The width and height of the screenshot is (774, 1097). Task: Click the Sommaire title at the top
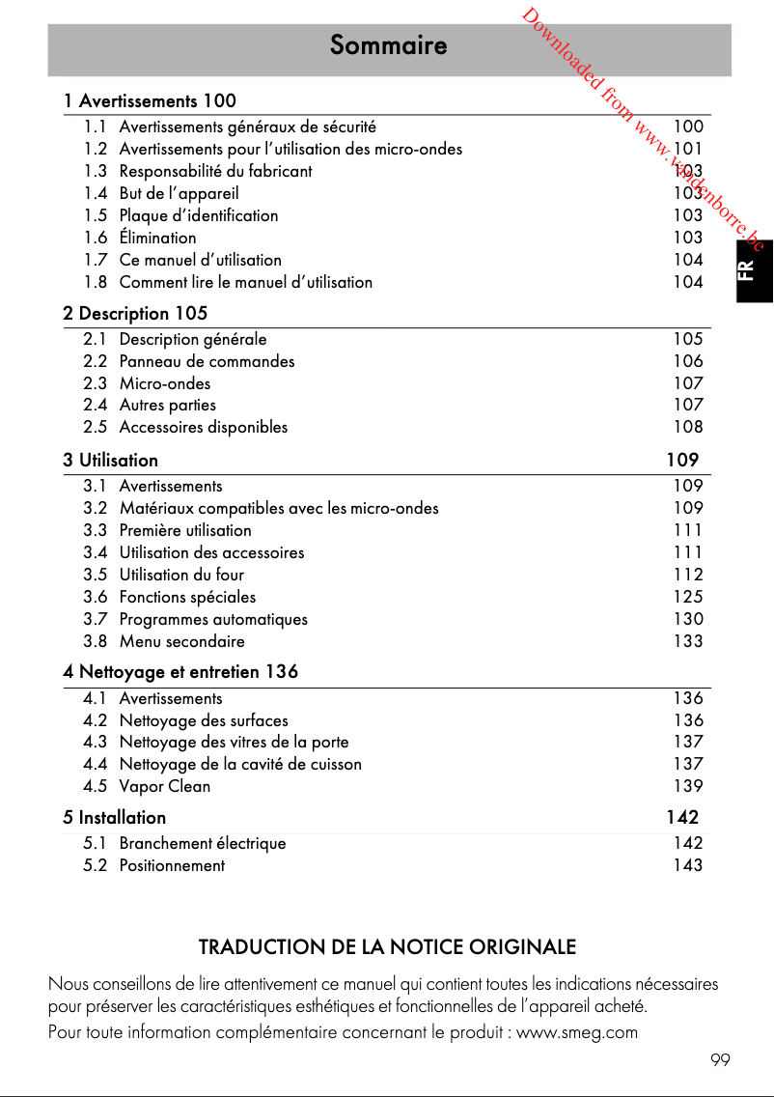point(388,45)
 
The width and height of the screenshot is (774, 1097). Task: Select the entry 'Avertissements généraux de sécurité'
point(247,127)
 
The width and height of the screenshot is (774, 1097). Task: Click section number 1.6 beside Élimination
point(95,238)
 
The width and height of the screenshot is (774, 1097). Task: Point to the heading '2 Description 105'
point(135,314)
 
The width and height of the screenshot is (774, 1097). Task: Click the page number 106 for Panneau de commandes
point(688,361)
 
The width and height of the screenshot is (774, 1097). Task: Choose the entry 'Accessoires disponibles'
point(203,427)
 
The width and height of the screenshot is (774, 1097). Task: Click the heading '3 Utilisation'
point(111,461)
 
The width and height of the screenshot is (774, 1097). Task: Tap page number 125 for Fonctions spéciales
point(688,597)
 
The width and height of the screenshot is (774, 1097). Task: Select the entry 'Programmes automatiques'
point(213,619)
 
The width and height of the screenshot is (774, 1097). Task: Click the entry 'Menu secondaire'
point(181,641)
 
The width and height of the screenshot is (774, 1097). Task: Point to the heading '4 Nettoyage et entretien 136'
point(180,672)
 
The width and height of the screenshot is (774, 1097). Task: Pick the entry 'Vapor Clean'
point(164,786)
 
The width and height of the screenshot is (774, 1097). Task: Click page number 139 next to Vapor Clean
point(688,786)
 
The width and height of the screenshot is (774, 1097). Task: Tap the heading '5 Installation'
point(115,818)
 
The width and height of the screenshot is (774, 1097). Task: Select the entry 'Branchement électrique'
point(203,843)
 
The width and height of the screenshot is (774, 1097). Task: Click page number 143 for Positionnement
point(688,865)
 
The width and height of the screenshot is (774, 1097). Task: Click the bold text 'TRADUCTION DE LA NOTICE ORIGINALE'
point(387,947)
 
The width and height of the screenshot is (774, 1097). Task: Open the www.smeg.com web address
point(577,1032)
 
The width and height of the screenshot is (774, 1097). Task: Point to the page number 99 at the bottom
point(720,1060)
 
